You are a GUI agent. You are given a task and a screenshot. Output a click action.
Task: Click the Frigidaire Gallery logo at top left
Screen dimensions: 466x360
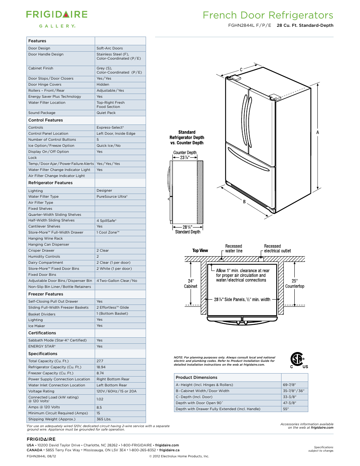57,19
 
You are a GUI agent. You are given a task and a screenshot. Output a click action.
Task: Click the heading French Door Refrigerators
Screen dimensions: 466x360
268,15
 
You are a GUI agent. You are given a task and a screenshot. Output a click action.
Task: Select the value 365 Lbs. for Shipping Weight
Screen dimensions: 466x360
104,419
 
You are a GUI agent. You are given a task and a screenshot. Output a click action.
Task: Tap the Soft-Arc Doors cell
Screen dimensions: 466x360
109,48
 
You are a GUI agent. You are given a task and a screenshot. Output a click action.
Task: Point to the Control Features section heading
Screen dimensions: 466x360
46,120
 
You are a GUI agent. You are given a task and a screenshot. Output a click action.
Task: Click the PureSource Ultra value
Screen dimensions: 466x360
112,197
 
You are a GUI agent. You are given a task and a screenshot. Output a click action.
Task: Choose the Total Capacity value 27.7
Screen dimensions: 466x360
100,361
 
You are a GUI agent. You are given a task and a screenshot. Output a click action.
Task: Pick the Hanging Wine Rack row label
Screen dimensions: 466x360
46,238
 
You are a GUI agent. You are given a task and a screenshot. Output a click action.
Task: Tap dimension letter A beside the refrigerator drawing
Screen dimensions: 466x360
318,132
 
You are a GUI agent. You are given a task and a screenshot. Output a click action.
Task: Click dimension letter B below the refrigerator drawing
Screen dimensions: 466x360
244,202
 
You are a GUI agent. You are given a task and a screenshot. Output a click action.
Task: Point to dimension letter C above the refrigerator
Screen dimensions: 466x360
241,70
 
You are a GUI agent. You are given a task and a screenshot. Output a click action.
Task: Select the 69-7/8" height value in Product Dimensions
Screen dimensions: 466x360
289,385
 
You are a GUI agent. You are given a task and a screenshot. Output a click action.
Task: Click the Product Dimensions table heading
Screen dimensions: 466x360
197,377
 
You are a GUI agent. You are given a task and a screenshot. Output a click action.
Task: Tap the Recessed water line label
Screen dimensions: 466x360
234,249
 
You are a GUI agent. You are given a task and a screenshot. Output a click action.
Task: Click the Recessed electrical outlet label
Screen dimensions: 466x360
277,249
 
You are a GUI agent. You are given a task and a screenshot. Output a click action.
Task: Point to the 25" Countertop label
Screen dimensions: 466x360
295,284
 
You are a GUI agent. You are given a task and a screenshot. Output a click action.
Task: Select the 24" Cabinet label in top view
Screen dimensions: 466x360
191,284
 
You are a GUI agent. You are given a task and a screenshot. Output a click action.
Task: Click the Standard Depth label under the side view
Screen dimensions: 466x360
188,232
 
